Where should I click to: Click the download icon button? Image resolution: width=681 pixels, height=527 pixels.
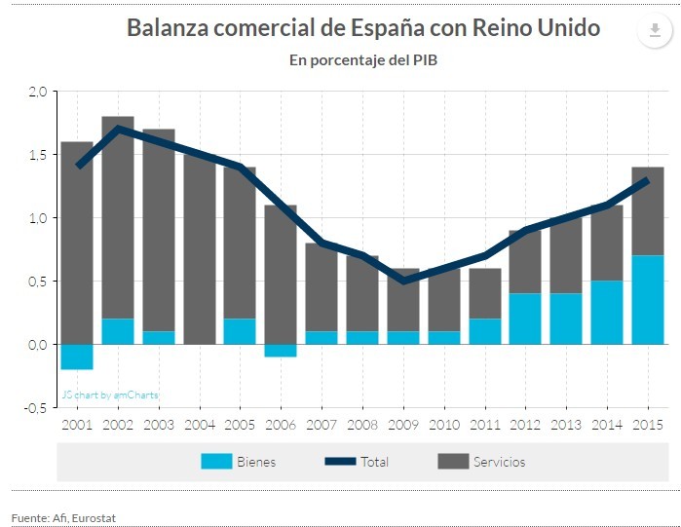[654, 30]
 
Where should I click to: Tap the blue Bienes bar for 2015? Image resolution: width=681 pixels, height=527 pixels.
[648, 300]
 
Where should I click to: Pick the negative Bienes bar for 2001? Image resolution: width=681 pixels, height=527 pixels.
[77, 357]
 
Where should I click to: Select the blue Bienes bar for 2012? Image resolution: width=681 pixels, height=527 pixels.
[525, 319]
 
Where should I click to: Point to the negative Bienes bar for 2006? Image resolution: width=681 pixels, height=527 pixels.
[281, 351]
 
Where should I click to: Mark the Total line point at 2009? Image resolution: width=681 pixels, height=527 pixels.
[402, 281]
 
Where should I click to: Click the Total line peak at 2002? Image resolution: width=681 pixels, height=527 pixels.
[118, 129]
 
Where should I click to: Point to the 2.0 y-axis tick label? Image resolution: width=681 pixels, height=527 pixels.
[38, 92]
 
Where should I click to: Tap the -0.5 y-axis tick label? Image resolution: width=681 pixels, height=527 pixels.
[35, 407]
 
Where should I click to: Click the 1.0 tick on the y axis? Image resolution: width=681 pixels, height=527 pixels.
[38, 218]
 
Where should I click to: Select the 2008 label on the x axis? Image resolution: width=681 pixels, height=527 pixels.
[362, 425]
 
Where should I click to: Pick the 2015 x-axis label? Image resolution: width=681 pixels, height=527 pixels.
[648, 425]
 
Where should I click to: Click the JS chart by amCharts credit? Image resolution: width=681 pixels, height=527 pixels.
[110, 395]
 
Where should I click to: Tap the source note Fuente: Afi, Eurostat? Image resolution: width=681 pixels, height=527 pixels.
[63, 517]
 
